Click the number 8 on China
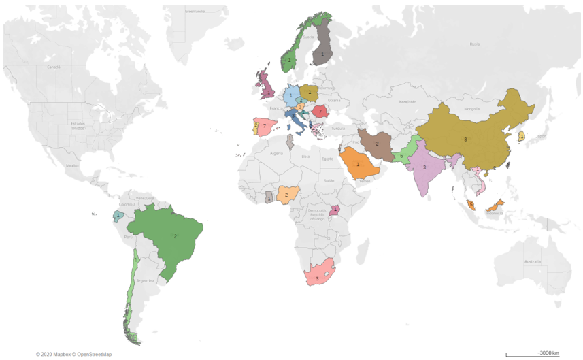465,139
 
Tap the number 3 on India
424,166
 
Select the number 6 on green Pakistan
401,156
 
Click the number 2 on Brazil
176,236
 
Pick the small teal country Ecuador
118,216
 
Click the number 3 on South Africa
317,278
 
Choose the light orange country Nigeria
287,195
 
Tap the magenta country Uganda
335,210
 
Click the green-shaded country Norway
290,60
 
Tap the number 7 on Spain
264,126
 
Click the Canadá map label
53,67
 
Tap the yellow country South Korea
522,136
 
